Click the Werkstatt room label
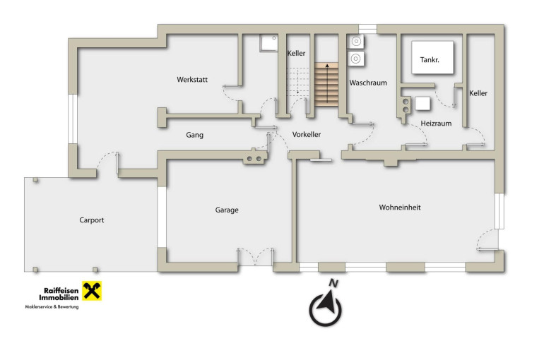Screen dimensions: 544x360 coord(192,79)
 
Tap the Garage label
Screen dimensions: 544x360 coord(227,210)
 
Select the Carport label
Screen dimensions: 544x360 coord(92,220)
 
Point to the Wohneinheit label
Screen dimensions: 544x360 coord(400,208)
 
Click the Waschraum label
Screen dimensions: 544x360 coord(368,83)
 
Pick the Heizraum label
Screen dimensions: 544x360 coord(436,124)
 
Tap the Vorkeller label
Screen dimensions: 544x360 coord(307,134)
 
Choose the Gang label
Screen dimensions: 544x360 coord(194,135)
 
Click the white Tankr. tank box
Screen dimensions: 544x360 coord(432,57)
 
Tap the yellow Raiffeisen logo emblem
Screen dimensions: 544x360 coord(92,291)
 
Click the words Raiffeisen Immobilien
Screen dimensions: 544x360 coord(59,294)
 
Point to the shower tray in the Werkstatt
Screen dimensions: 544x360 coord(269,43)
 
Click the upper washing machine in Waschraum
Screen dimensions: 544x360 coord(355,42)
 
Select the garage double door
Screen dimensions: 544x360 coord(255,257)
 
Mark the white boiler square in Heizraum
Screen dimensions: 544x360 coord(422,103)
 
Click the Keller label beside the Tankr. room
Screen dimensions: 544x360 coord(478,93)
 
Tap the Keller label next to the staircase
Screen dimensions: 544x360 coord(296,54)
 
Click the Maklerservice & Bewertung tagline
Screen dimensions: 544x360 coord(52,306)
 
